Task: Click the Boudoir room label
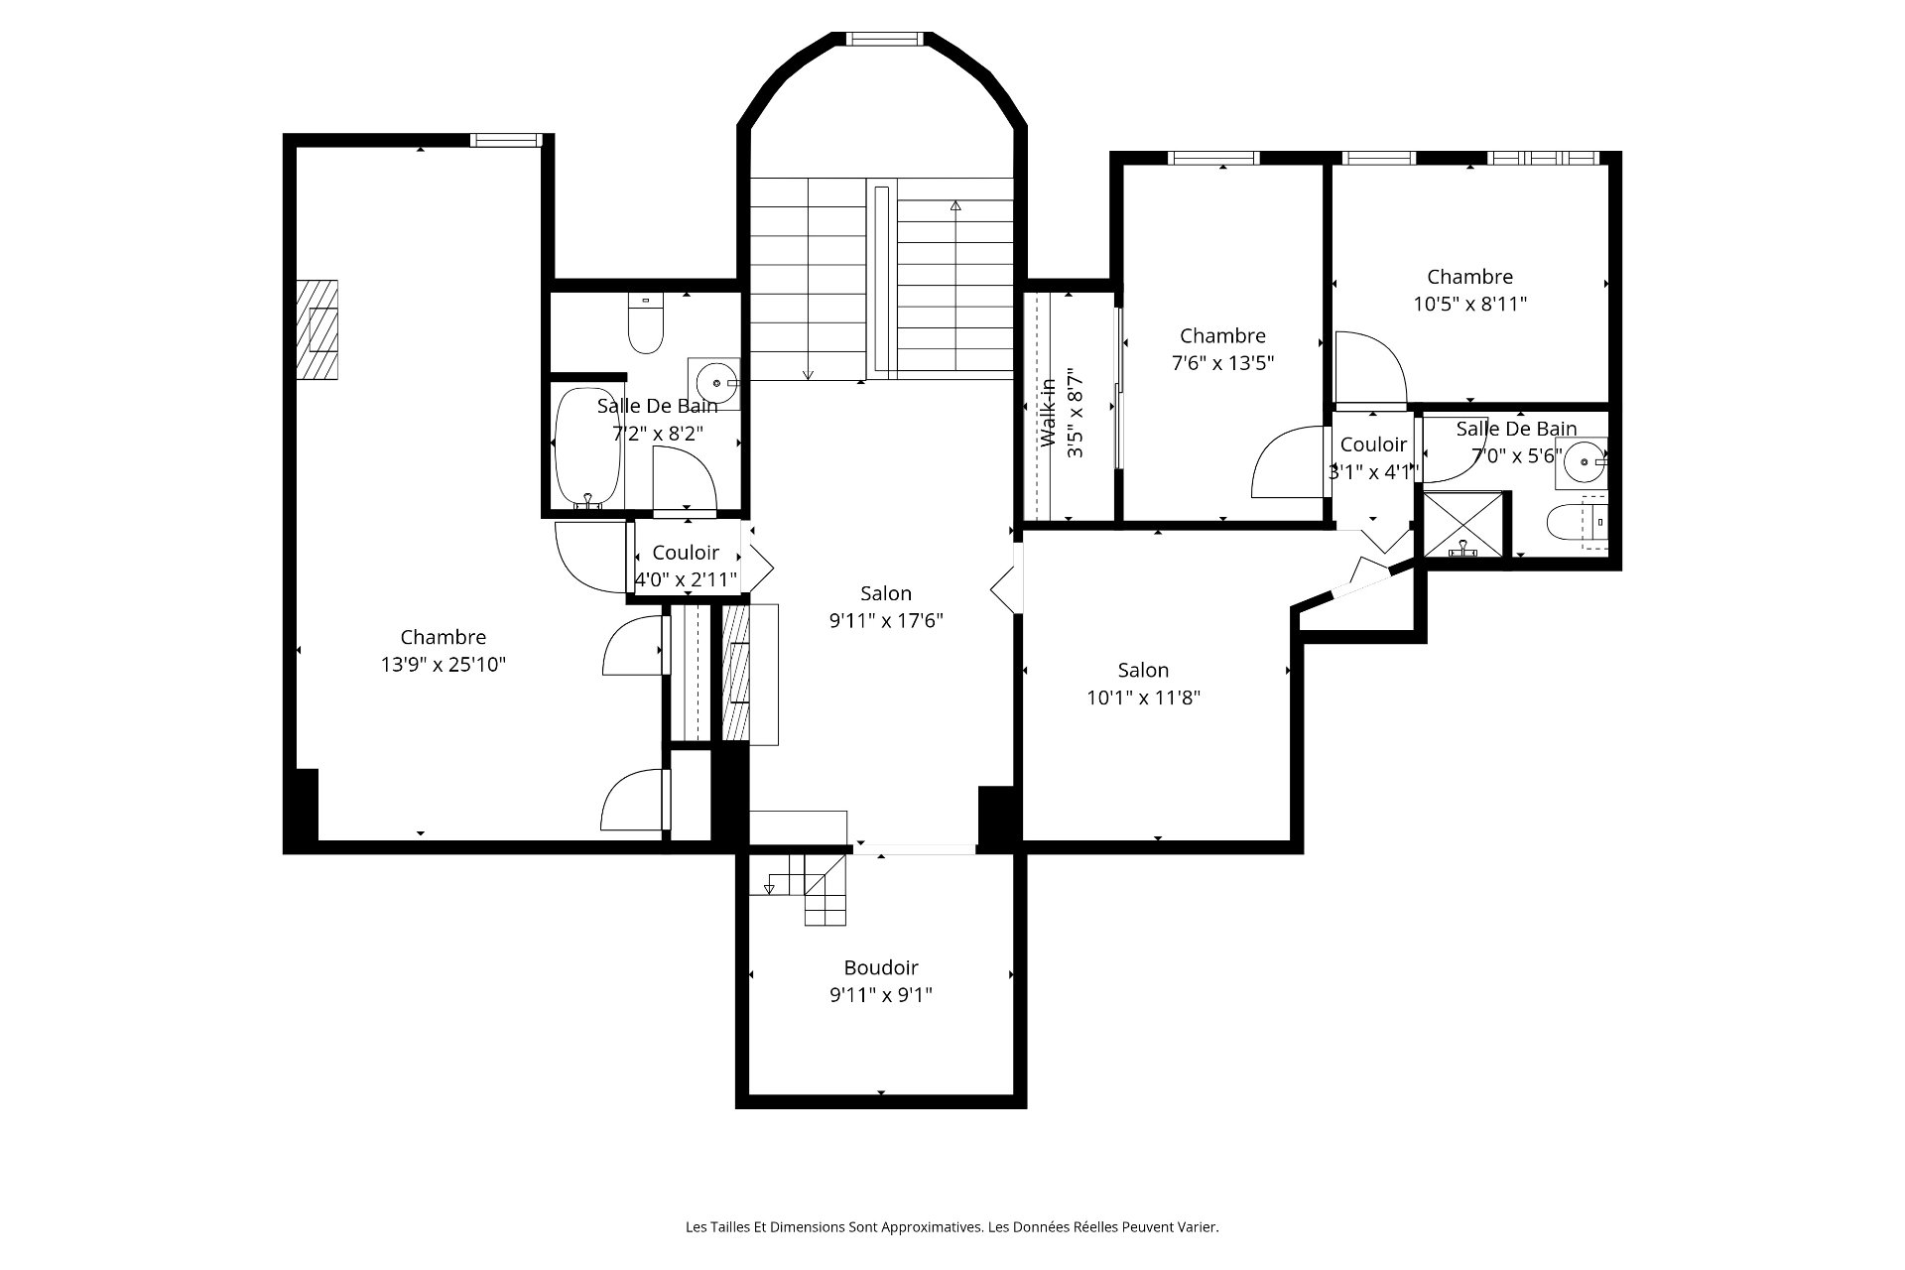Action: pyautogui.click(x=881, y=967)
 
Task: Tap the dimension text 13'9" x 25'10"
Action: pyautogui.click(x=444, y=665)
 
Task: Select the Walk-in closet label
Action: pyautogui.click(x=1048, y=413)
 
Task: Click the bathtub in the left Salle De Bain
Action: pyautogui.click(x=587, y=447)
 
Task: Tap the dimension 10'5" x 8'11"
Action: pyautogui.click(x=1469, y=305)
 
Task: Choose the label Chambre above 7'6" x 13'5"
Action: pyautogui.click(x=1222, y=336)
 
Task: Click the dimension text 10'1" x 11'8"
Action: pyautogui.click(x=1143, y=698)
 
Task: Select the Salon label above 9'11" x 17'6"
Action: pyautogui.click(x=885, y=593)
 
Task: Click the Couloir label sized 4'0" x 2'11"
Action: pyautogui.click(x=686, y=553)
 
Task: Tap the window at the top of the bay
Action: pyautogui.click(x=883, y=39)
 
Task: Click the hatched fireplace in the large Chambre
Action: pyautogui.click(x=317, y=329)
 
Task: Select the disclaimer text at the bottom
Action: pyautogui.click(x=952, y=1227)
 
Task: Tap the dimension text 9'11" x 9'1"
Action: pyautogui.click(x=881, y=995)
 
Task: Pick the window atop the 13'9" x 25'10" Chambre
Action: pyautogui.click(x=506, y=140)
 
